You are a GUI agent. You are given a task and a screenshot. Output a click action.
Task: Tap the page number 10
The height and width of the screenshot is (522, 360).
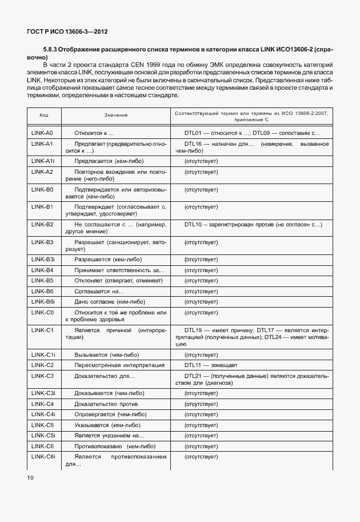point(31,476)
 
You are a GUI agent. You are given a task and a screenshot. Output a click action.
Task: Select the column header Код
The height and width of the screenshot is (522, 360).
point(43,115)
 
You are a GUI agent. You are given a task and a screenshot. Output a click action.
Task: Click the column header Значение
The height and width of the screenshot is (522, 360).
point(116,115)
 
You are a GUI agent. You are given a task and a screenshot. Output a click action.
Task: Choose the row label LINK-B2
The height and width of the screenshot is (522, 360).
point(42,225)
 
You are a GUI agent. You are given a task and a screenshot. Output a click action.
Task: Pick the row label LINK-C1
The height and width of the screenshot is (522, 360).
point(42,330)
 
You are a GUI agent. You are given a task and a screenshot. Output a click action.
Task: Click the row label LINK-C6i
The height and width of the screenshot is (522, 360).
point(43,457)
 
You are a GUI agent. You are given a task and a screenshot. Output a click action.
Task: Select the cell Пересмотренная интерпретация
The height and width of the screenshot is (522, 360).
point(110,365)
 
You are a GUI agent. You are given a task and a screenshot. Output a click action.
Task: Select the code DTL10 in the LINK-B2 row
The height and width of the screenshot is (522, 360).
point(193,225)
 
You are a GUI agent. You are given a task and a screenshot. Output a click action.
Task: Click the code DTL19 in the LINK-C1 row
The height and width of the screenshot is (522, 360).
point(193,330)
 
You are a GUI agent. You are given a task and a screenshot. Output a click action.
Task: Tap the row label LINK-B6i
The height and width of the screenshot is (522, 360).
point(43,302)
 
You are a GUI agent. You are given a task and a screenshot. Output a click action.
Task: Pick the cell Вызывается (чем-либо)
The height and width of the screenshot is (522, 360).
point(103,354)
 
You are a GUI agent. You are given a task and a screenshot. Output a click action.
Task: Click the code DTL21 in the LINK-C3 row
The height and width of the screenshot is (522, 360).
point(193,376)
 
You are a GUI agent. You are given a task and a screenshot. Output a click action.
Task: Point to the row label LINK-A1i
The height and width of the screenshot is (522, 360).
point(43,161)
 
